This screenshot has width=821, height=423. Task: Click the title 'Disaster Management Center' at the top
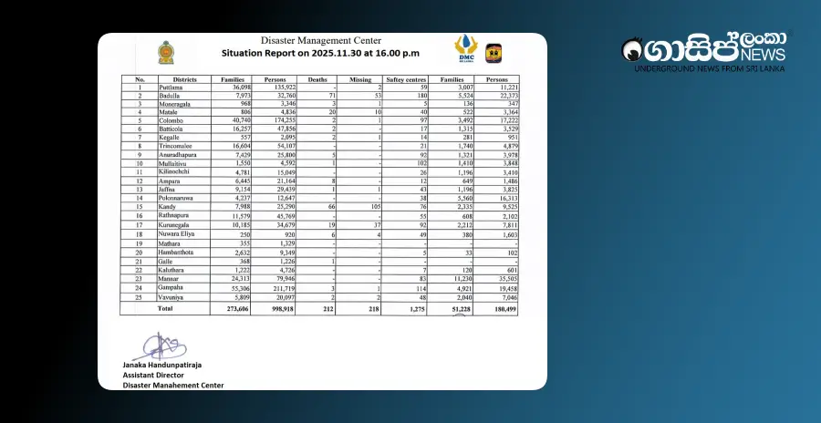click(x=322, y=41)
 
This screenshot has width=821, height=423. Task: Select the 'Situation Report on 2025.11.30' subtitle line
click(x=322, y=54)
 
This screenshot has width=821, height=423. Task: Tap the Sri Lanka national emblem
click(x=166, y=52)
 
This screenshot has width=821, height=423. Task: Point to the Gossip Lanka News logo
click(x=702, y=53)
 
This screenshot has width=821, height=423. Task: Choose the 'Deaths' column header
click(x=317, y=79)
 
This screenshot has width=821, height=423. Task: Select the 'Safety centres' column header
click(x=407, y=79)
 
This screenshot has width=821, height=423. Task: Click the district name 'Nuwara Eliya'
click(x=177, y=234)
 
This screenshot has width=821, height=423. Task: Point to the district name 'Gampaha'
click(x=172, y=287)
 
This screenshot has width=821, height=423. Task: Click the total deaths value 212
click(x=327, y=309)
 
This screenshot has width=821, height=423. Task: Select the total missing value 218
click(x=370, y=309)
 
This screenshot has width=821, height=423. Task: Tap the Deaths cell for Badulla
click(x=332, y=95)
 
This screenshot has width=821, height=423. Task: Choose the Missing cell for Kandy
click(x=372, y=208)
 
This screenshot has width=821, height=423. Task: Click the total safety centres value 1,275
click(x=415, y=309)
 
